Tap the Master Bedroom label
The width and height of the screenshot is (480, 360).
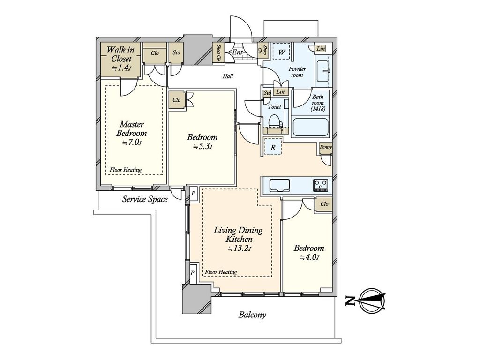pyautogui.click(x=132, y=129)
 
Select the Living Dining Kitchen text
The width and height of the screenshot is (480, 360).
pyautogui.click(x=238, y=234)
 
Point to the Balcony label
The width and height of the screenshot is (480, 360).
pyautogui.click(x=252, y=315)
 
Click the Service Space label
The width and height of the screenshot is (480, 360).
pyautogui.click(x=145, y=200)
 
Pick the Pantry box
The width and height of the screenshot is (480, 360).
pyautogui.click(x=325, y=147)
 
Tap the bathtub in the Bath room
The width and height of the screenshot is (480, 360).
pyautogui.click(x=310, y=127)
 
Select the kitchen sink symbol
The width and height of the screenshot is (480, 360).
pyautogui.click(x=279, y=185)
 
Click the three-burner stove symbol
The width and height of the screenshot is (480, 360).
pyautogui.click(x=321, y=185)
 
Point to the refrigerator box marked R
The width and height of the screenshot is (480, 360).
pyautogui.click(x=273, y=147)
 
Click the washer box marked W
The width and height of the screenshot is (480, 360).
pyautogui.click(x=281, y=52)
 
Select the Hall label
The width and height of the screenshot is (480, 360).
pyautogui.click(x=228, y=76)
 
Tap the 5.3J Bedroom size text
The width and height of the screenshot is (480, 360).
pyautogui.click(x=202, y=146)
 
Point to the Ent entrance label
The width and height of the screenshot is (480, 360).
pyautogui.click(x=237, y=52)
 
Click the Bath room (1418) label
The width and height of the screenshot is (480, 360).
pyautogui.click(x=317, y=103)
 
